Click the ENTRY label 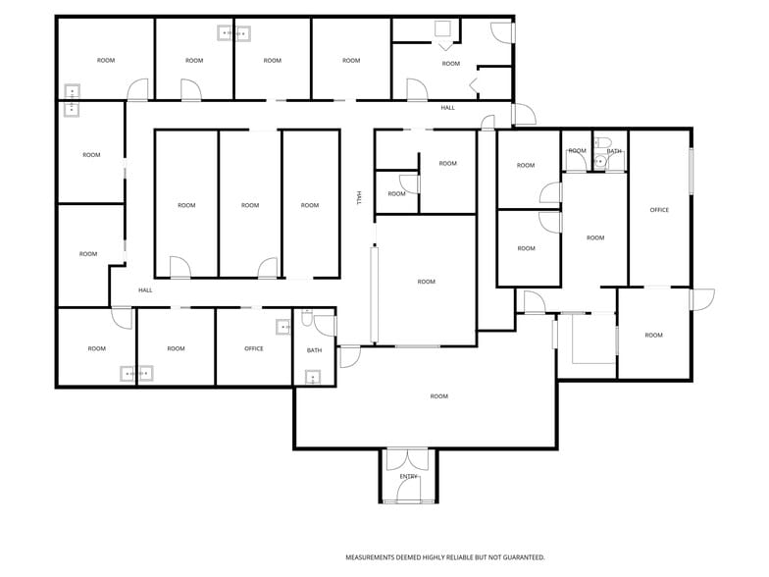tap(408, 477)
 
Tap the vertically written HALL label tap(359, 198)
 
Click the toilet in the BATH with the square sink tap(307, 319)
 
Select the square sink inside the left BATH tap(313, 377)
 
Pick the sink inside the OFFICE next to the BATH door tap(282, 327)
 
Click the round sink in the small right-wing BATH tap(598, 161)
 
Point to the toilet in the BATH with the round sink tap(601, 143)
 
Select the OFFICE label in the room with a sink tap(253, 348)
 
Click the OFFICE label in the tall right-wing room tap(659, 210)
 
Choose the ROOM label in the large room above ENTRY tap(439, 396)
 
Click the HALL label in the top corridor tap(447, 108)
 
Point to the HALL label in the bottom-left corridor tap(145, 290)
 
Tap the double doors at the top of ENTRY tap(408, 460)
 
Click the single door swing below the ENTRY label tap(408, 491)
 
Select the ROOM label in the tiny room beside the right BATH tap(577, 151)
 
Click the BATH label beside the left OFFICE tap(314, 350)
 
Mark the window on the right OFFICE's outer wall tap(691, 171)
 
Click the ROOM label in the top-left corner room tap(106, 61)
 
